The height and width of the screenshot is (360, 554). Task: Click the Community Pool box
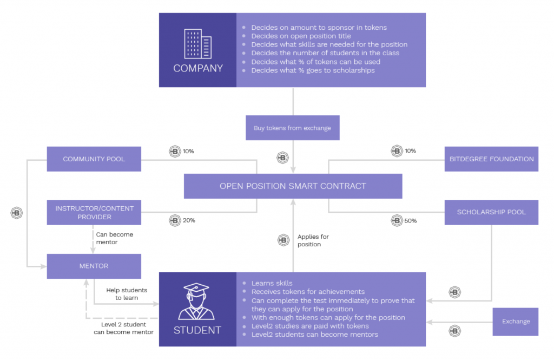pyautogui.click(x=94, y=159)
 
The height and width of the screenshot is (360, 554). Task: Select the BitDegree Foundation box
pyautogui.click(x=491, y=159)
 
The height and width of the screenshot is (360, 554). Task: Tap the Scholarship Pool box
pyautogui.click(x=491, y=213)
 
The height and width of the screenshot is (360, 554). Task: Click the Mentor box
pyautogui.click(x=94, y=266)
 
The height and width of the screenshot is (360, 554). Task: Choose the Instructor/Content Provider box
pyautogui.click(x=94, y=213)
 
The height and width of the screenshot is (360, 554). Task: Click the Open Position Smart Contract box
pyautogui.click(x=293, y=186)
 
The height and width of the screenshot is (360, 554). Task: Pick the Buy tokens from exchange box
pyautogui.click(x=293, y=128)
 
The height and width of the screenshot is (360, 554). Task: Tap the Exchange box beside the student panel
pyautogui.click(x=516, y=322)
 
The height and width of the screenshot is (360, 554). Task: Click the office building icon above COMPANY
pyautogui.click(x=198, y=44)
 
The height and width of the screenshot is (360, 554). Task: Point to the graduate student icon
pyautogui.click(x=196, y=302)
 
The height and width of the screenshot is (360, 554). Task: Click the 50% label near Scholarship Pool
pyautogui.click(x=411, y=221)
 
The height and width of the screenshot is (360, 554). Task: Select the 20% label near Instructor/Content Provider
pyautogui.click(x=189, y=220)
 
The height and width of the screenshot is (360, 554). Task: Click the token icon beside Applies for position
pyautogui.click(x=283, y=240)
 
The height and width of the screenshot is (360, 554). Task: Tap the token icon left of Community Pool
pyautogui.click(x=17, y=213)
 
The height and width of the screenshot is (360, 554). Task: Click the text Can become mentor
pyautogui.click(x=115, y=238)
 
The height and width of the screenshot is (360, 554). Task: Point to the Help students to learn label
pyautogui.click(x=127, y=294)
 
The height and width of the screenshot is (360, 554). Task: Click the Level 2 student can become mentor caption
pyautogui.click(x=123, y=328)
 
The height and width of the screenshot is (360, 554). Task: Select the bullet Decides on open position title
pyautogui.click(x=301, y=36)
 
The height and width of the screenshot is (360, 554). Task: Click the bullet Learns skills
pyautogui.click(x=272, y=283)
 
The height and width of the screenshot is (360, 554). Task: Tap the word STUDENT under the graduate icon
pyautogui.click(x=197, y=330)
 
